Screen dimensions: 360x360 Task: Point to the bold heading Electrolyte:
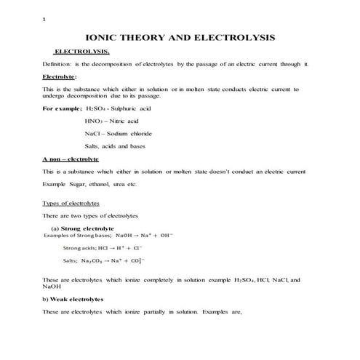60,76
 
